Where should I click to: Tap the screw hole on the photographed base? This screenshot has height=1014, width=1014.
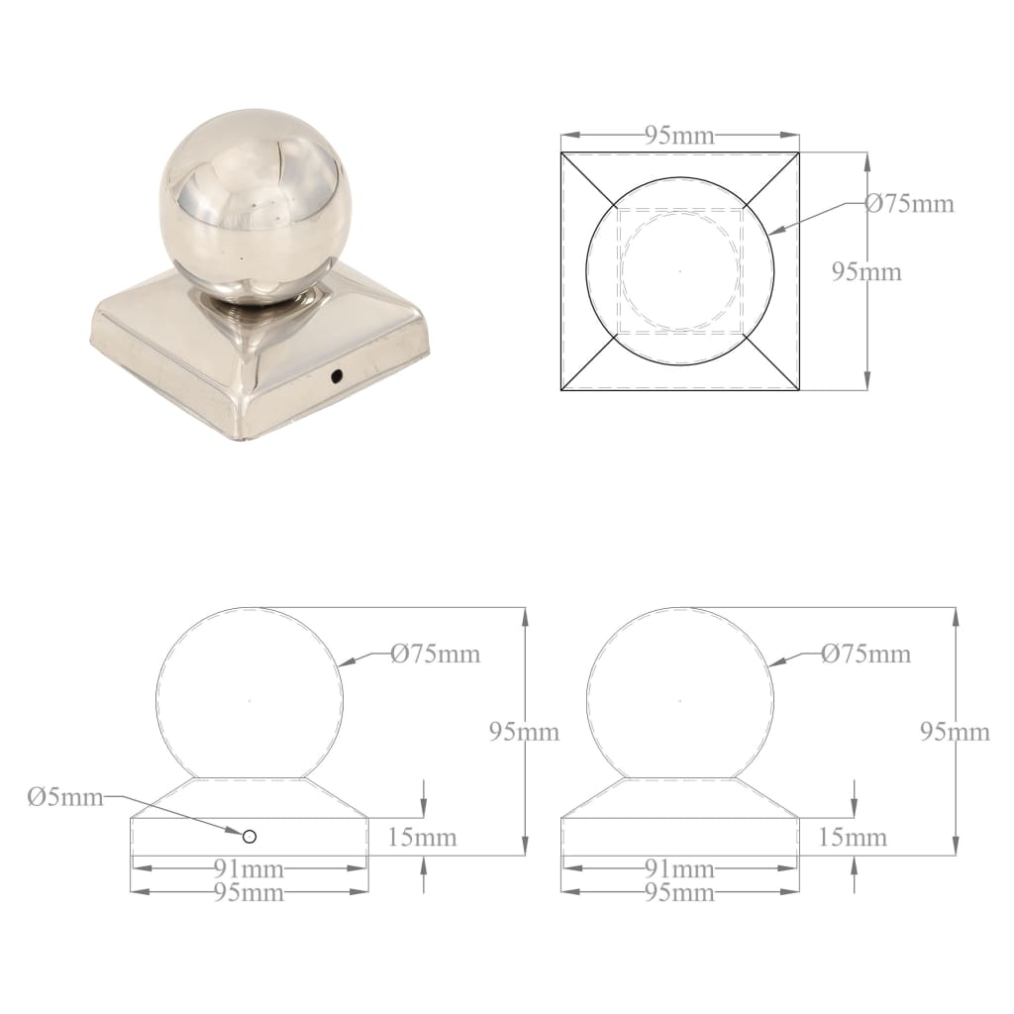click(337, 376)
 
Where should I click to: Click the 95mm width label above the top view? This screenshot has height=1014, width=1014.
click(679, 136)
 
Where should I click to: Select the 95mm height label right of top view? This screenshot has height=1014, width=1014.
click(866, 270)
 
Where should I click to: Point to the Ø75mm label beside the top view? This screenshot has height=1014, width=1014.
click(909, 204)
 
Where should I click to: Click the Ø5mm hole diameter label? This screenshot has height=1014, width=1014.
click(65, 798)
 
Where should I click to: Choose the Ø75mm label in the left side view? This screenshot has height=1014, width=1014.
click(435, 654)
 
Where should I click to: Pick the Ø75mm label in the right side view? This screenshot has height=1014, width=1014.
click(865, 654)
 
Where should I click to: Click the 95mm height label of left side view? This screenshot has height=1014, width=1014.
click(524, 732)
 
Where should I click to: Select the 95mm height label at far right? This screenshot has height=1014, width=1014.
click(955, 732)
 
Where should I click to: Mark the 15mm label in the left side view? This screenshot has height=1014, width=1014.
click(423, 838)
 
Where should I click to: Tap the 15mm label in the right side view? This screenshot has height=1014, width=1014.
click(854, 838)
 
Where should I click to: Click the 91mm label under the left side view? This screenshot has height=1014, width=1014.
click(249, 869)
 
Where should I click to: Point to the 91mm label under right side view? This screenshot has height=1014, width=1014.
click(679, 869)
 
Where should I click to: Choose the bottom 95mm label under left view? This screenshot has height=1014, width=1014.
click(249, 892)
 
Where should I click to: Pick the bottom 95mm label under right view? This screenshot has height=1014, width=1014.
click(679, 892)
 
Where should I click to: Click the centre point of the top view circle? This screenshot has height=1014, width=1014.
click(679, 270)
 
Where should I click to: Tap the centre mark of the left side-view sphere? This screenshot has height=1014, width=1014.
click(250, 701)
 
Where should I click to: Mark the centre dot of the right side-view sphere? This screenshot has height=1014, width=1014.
click(679, 701)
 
